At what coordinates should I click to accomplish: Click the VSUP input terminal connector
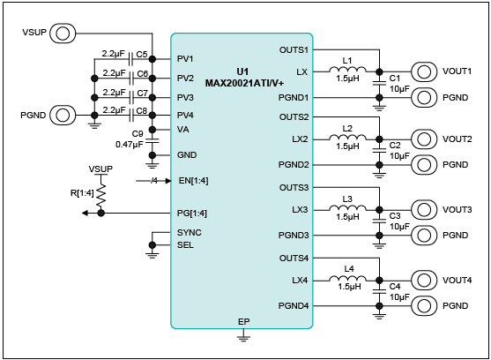tap(63, 34)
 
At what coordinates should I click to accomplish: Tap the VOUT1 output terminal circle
tap(424, 71)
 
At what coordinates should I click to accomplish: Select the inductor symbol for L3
tap(347, 207)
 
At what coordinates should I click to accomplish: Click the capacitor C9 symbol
tap(153, 141)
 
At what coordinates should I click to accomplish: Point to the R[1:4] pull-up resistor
tap(100, 196)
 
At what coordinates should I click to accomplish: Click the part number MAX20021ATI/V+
tap(244, 83)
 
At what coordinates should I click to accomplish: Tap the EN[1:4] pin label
tap(193, 181)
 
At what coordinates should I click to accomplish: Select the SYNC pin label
tap(190, 232)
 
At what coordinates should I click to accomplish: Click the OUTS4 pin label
tap(294, 259)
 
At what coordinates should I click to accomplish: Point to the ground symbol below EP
tap(243, 338)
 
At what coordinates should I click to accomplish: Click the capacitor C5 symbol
tap(131, 59)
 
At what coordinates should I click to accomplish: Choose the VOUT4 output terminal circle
tap(424, 281)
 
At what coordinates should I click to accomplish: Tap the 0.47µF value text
tap(130, 145)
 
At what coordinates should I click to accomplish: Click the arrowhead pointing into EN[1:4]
tap(168, 181)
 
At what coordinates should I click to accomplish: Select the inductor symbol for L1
tap(347, 70)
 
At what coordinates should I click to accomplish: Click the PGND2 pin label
tap(294, 165)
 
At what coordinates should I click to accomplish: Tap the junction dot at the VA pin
tap(153, 130)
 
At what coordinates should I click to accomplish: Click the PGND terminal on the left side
tap(63, 115)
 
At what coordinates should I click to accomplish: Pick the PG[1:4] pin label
tap(192, 214)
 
